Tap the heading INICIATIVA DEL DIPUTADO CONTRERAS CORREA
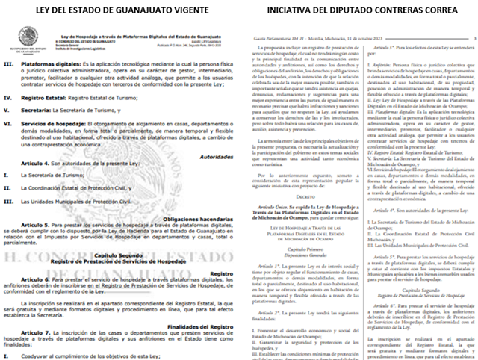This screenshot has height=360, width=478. [x=358, y=10]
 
